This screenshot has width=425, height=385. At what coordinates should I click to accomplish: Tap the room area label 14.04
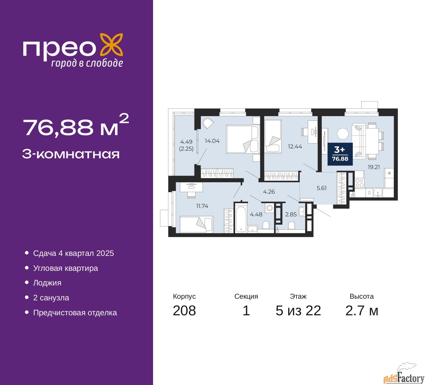coord(212,141)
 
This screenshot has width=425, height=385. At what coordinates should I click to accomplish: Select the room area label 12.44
coord(295,146)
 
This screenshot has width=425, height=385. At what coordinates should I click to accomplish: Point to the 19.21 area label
coord(374,167)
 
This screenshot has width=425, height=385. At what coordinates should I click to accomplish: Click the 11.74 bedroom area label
coord(202,206)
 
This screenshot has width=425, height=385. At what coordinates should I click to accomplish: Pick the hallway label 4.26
coord(269,192)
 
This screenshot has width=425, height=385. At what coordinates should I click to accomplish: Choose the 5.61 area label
coord(321,188)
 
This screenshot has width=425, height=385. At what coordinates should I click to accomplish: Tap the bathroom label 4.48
coord(256,214)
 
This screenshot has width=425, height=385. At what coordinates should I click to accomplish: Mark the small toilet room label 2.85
coord(291,214)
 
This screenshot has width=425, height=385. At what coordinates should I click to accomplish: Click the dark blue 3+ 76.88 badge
coord(340,154)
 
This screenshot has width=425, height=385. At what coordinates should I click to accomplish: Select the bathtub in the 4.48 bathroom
coord(241,219)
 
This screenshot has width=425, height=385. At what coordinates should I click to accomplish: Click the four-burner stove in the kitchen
coord(359,183)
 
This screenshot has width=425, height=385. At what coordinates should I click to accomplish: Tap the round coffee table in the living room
coord(343,134)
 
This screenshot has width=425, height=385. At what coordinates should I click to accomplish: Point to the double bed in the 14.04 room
coord(243,139)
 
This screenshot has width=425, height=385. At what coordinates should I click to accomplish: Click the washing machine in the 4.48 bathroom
coord(269,208)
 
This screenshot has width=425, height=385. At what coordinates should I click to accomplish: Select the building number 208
coord(184,311)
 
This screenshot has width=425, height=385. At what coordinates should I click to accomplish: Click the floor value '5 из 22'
coord(298,311)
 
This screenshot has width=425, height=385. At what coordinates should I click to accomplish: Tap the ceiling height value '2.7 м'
coord(362,311)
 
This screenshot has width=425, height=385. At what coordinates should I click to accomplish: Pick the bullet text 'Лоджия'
coord(47,283)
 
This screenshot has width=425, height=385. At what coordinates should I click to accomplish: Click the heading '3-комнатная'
coord(71,154)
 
